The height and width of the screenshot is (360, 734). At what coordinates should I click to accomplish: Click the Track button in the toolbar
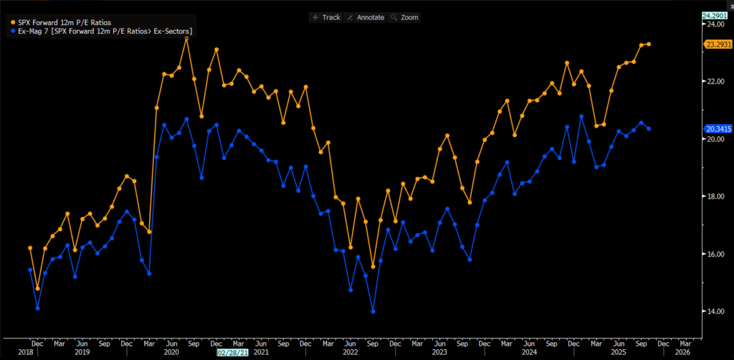click(326, 17)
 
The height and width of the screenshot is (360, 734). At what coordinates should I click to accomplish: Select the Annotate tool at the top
click(366, 17)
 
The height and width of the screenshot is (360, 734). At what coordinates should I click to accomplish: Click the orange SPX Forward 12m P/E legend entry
click(65, 22)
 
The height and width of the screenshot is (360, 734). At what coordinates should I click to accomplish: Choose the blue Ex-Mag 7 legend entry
click(100, 32)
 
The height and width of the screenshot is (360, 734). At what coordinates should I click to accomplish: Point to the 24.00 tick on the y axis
click(714, 24)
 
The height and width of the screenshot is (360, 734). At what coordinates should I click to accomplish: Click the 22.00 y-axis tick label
click(714, 82)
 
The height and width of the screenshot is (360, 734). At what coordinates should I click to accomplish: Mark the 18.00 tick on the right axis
click(714, 196)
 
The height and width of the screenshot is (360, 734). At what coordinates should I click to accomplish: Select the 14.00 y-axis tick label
click(714, 311)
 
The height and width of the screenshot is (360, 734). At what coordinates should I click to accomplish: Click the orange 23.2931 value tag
click(718, 44)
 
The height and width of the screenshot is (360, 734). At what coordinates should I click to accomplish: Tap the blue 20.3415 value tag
click(718, 129)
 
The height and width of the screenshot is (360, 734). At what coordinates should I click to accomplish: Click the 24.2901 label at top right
click(718, 15)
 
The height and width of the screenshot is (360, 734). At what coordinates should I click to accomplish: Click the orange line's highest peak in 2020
click(186, 39)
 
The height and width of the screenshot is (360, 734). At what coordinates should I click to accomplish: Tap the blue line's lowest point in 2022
click(373, 311)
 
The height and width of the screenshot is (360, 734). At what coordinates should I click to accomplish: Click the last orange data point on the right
click(648, 44)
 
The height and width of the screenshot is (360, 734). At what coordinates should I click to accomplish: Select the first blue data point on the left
click(30, 270)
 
